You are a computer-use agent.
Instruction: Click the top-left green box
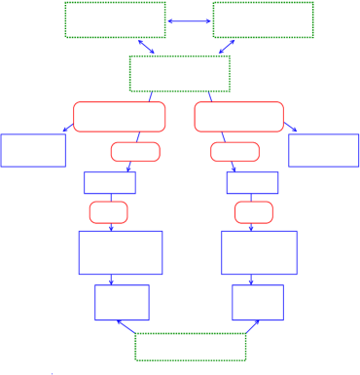click(115, 19)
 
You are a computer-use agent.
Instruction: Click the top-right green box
click(263, 19)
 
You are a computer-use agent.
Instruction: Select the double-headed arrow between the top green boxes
click(189, 20)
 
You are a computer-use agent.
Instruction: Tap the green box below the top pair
click(179, 73)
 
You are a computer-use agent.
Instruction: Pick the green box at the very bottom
click(190, 347)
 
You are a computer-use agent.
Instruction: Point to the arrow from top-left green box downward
click(146, 47)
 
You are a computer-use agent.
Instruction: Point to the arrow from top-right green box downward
click(227, 47)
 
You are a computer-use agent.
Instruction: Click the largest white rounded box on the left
click(120, 117)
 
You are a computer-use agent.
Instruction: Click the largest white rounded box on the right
click(238, 117)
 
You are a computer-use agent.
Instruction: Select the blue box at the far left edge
click(33, 150)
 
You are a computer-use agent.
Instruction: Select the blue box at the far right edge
click(323, 150)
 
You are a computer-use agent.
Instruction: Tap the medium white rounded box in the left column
click(135, 152)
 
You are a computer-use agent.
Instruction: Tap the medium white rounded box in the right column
click(234, 152)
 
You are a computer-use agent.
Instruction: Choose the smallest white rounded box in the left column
click(108, 212)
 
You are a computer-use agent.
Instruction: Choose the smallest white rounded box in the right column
click(253, 212)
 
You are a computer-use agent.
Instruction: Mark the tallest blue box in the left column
click(120, 252)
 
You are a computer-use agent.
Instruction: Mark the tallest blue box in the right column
click(259, 252)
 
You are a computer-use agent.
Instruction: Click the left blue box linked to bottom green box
click(122, 302)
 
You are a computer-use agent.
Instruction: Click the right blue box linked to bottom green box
click(257, 302)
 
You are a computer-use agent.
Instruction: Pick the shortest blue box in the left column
click(109, 183)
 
